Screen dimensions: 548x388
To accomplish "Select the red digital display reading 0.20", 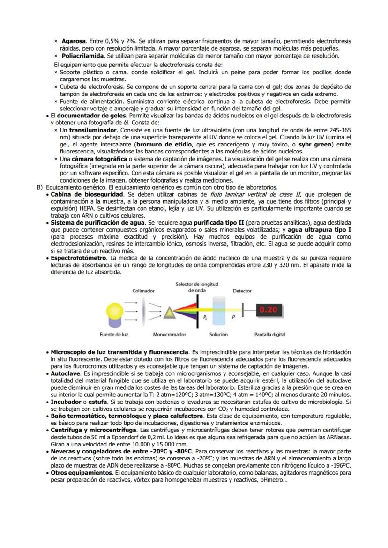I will coord(269,310).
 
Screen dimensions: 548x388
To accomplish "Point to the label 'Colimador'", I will coord(143,291).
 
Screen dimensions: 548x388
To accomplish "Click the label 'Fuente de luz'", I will coord(114,335).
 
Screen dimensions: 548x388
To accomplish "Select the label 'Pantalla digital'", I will coord(270,335).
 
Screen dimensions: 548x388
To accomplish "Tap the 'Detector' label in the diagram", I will coord(242,291).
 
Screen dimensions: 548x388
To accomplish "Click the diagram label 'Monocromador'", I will coord(169,335).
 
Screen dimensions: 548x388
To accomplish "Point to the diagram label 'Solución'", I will coord(219,335).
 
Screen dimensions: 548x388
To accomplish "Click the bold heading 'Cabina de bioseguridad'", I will coord(87,194).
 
